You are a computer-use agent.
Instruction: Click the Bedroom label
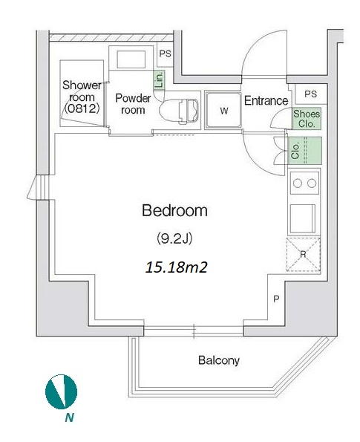click(x=174, y=210)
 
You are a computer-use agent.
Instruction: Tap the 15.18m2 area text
click(x=177, y=267)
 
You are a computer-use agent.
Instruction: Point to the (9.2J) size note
click(x=174, y=239)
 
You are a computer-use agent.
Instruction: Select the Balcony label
click(x=219, y=360)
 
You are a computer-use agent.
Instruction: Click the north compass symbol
click(x=61, y=391)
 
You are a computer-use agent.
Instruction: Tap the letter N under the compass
click(x=69, y=417)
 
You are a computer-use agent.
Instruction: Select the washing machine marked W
click(x=223, y=110)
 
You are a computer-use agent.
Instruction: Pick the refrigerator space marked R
click(x=304, y=255)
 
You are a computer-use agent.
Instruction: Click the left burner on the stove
click(x=298, y=183)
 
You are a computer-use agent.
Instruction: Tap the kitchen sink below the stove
click(x=303, y=218)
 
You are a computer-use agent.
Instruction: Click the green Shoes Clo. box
click(x=307, y=119)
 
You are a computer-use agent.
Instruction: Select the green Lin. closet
click(x=159, y=80)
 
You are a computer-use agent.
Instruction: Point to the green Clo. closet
click(x=304, y=151)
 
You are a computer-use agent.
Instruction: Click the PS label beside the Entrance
click(x=310, y=94)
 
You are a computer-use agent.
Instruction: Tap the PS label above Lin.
click(x=165, y=53)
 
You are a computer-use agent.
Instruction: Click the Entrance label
click(x=266, y=100)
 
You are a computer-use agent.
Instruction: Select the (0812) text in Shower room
click(x=82, y=108)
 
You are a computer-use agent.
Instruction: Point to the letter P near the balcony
click(x=276, y=299)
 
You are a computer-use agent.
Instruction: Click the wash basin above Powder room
click(x=131, y=59)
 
